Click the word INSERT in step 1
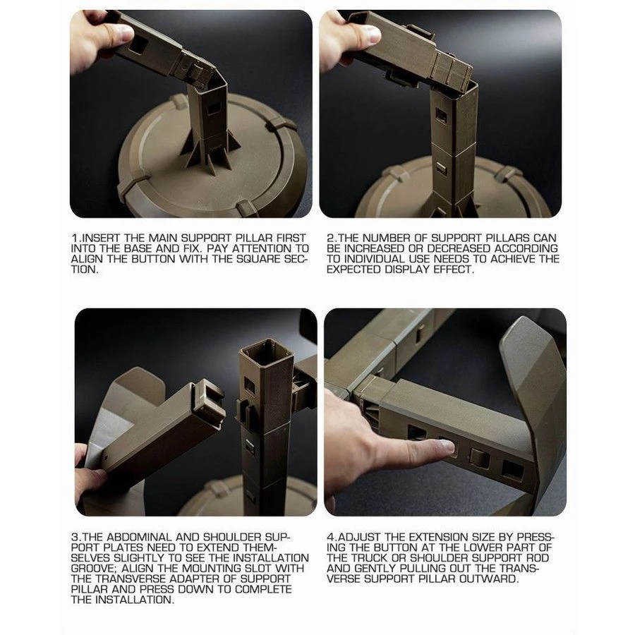click(101, 238)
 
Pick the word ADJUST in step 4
click(358, 537)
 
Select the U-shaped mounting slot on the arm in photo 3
click(209, 394)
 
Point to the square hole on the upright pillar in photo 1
click(213, 108)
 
